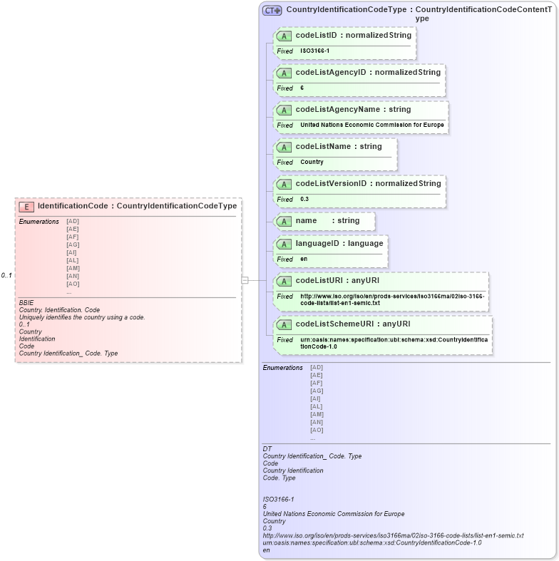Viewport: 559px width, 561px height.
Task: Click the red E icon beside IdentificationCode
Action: click(x=26, y=207)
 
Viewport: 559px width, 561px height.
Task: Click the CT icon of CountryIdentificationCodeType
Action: click(x=272, y=11)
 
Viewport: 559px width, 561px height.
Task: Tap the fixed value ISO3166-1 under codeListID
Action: click(x=314, y=51)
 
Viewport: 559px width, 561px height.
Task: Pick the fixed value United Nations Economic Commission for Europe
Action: click(x=371, y=125)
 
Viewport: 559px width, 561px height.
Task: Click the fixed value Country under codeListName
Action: click(x=312, y=163)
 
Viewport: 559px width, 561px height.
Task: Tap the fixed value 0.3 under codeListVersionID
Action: click(x=304, y=200)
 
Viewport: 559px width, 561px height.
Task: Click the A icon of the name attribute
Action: click(x=284, y=221)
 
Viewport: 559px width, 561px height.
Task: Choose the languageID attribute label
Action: click(x=317, y=244)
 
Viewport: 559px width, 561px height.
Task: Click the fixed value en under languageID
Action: click(x=304, y=259)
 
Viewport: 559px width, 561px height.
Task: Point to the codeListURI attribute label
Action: click(x=316, y=281)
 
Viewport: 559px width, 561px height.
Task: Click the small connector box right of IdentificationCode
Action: click(x=245, y=280)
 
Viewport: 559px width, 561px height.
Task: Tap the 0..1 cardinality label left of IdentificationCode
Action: click(x=6, y=275)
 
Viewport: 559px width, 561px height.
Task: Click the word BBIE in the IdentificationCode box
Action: click(x=26, y=303)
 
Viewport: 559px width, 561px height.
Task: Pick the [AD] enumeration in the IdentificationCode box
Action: click(x=73, y=222)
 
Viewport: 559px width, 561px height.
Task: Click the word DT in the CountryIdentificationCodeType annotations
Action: click(x=267, y=448)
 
